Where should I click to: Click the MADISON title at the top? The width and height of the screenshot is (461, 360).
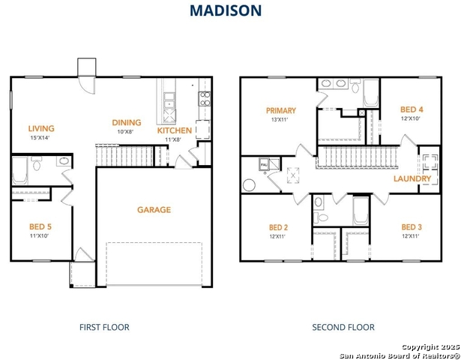coord(225,10)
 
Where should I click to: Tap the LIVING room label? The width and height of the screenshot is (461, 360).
coord(42,128)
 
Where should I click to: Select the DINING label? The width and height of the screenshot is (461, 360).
coord(127,123)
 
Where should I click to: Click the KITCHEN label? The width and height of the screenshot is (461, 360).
coord(174,130)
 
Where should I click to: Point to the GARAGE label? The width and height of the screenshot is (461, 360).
coord(154,210)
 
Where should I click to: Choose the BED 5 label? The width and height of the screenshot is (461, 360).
coord(40,226)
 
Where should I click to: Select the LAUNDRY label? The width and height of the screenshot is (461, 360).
coord(412,179)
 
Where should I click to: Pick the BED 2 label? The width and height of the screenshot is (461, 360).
coord(278,227)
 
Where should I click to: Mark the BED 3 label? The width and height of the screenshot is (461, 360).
coord(410,227)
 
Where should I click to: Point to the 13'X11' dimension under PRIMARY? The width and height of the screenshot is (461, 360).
coord(279,119)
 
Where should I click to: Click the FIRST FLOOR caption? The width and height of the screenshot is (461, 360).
coord(104,327)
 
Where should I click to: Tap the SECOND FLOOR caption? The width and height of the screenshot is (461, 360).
coord(343,327)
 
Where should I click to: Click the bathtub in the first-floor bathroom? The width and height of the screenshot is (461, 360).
coord(20,170)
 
